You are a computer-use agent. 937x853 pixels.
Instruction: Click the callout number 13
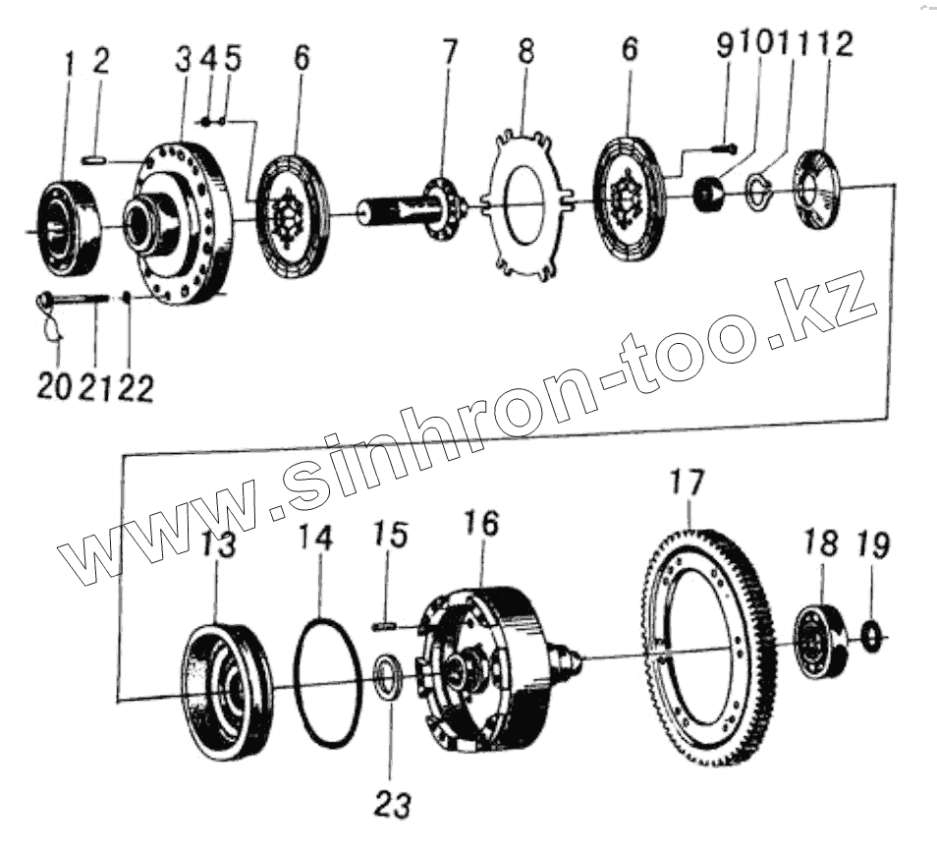click(x=219, y=545)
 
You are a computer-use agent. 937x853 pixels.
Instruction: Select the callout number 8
click(x=526, y=54)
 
